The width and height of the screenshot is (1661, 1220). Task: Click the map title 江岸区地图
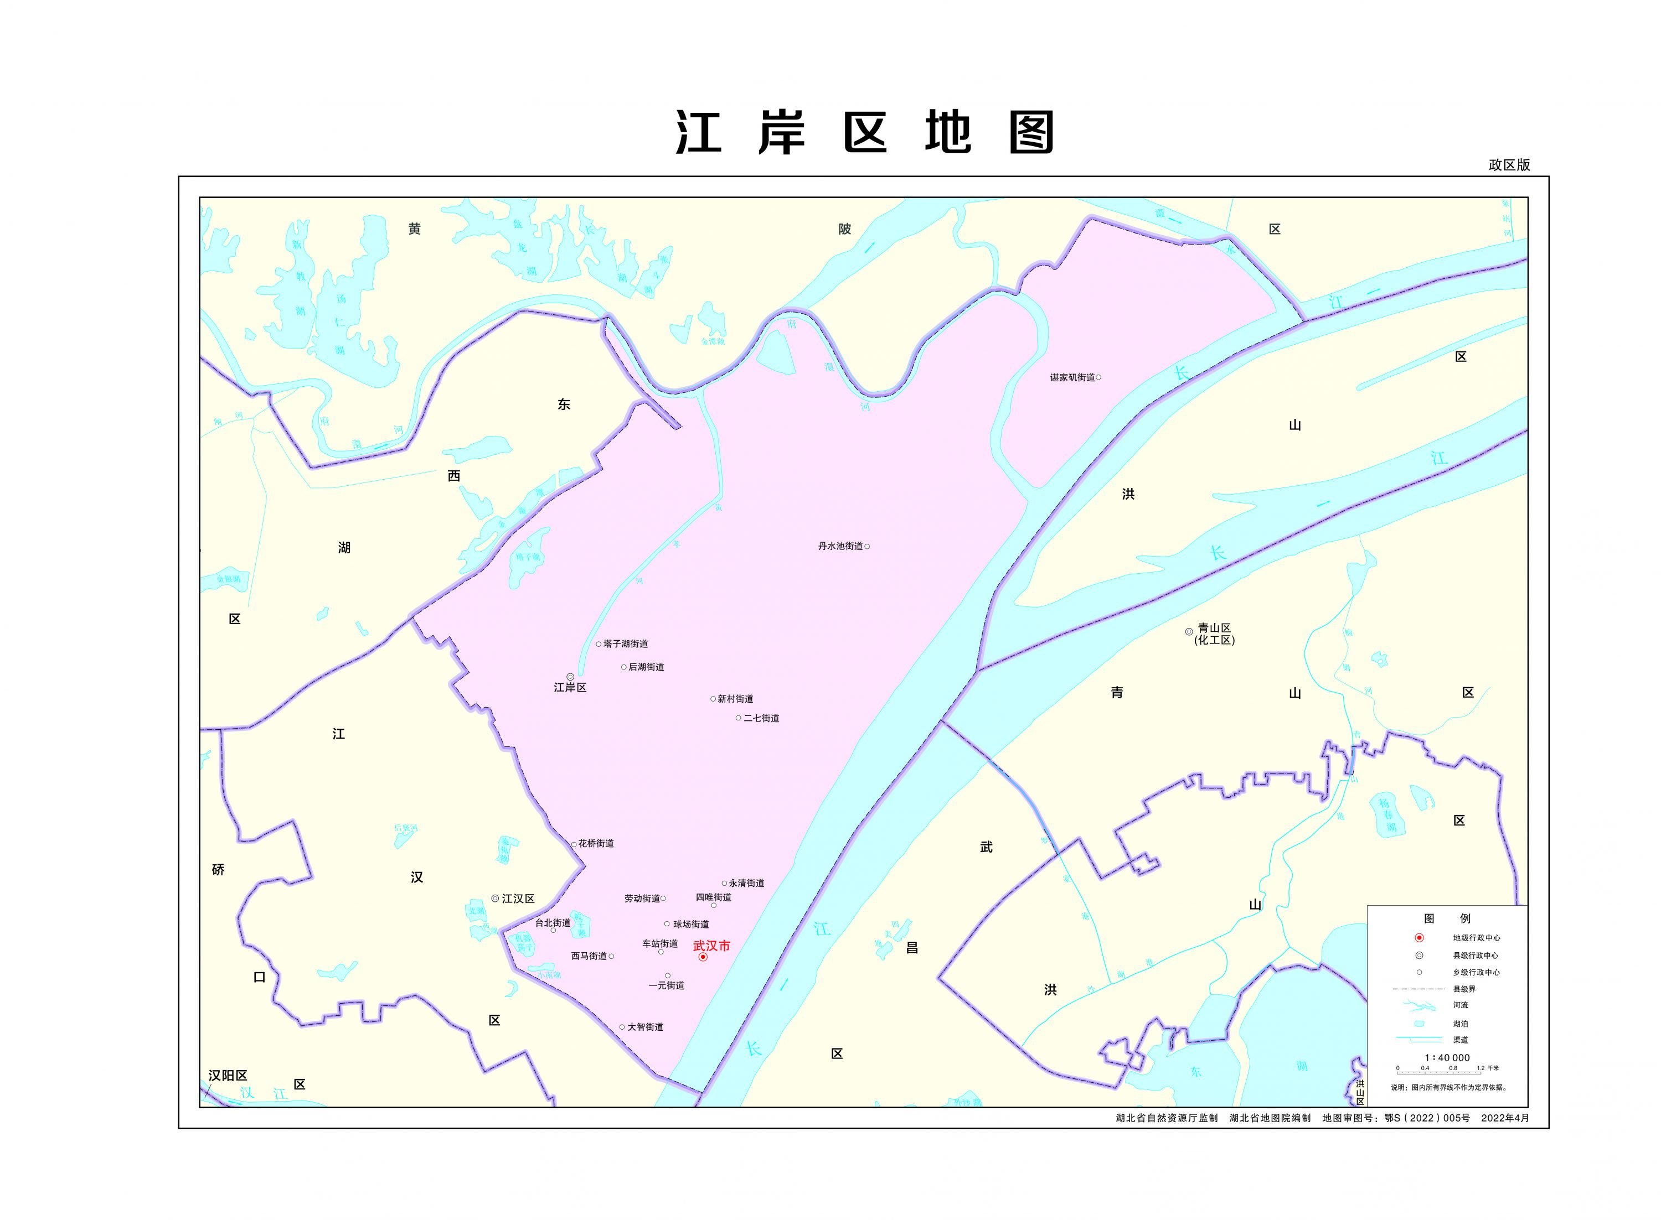864,133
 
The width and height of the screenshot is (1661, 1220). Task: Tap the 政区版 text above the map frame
1509,165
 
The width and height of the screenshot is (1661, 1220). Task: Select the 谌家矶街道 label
1072,377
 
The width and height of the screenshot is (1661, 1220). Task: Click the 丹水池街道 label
840,547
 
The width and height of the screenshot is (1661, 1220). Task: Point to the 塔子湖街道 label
625,644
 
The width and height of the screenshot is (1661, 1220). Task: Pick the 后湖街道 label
646,667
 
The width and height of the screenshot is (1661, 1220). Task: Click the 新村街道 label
735,699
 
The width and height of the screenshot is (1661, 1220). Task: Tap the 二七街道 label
761,718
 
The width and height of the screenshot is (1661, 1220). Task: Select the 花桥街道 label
596,843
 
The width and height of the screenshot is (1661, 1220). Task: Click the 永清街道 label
746,883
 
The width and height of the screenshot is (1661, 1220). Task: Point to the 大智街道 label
645,1027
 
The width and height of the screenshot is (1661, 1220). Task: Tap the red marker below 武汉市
703,957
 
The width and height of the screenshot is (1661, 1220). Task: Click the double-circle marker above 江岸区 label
570,677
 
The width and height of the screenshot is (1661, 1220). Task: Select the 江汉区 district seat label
517,899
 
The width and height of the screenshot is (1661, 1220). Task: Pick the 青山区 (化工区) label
1214,634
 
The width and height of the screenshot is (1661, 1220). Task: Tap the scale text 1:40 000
1447,1057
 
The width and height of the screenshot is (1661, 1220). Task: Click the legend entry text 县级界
1464,989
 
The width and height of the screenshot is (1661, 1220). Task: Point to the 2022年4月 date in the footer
1504,1118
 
